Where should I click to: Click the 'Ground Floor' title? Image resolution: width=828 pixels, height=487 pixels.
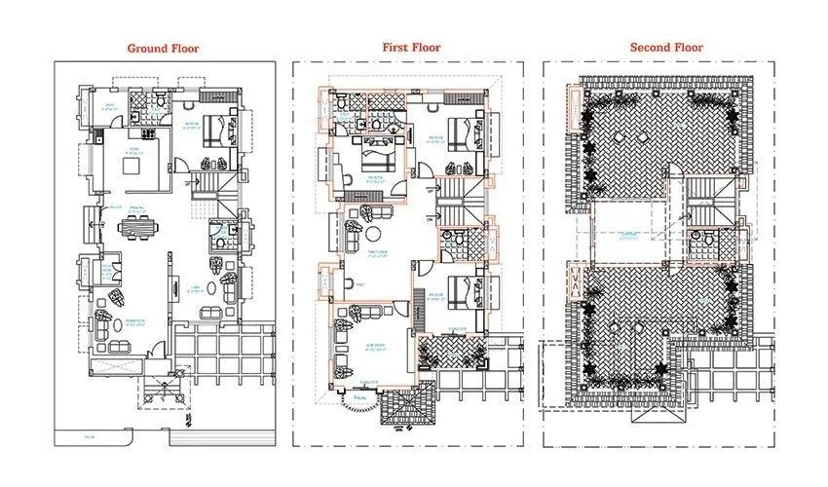click(163, 47)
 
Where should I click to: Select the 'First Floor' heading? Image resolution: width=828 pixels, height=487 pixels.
click(410, 47)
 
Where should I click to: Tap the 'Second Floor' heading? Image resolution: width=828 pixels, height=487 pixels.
click(666, 47)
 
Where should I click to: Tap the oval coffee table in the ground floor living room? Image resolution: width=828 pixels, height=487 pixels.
click(208, 313)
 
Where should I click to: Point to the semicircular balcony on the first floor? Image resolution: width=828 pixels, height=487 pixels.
click(361, 399)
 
